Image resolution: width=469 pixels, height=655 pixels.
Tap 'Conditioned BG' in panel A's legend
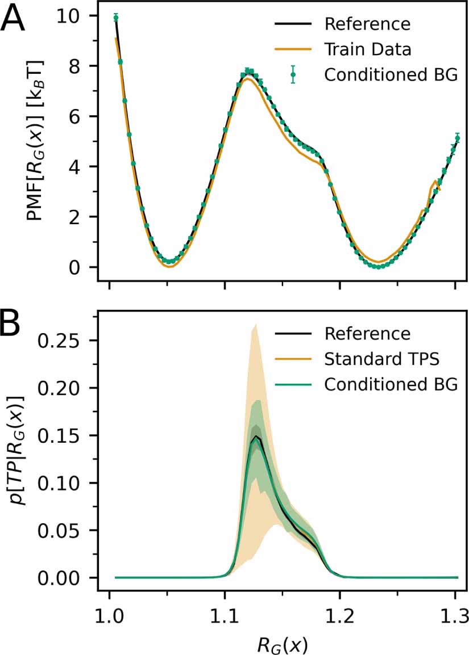(x=391, y=74)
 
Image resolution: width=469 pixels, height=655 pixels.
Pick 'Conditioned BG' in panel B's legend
(x=391, y=384)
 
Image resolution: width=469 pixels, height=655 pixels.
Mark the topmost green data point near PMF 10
(x=116, y=18)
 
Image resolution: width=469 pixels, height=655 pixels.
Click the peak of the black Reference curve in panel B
(x=257, y=436)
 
